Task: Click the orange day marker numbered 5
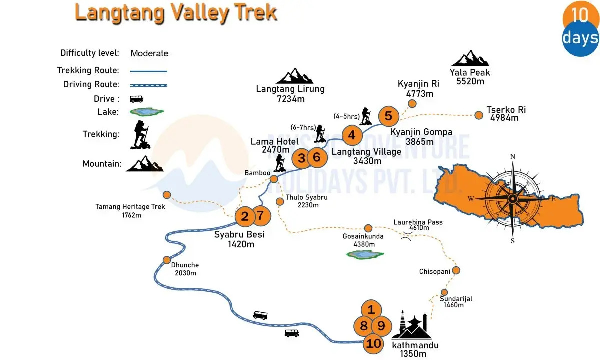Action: coord(388,116)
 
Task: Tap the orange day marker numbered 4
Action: coord(352,135)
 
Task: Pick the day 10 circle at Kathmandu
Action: coord(373,343)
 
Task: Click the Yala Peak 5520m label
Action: coord(470,77)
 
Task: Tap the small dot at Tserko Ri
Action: coord(479,115)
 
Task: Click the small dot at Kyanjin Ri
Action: coord(412,104)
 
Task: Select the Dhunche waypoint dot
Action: coord(167,260)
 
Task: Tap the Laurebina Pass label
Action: coord(418,225)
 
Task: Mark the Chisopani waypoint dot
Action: coord(455,270)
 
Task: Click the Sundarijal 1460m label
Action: coord(456,302)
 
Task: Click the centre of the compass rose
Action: coord(512,198)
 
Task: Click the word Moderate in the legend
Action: coord(149,53)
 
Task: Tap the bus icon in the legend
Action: coord(136,99)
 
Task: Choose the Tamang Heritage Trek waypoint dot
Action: coord(167,195)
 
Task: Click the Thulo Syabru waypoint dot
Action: coord(280,201)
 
